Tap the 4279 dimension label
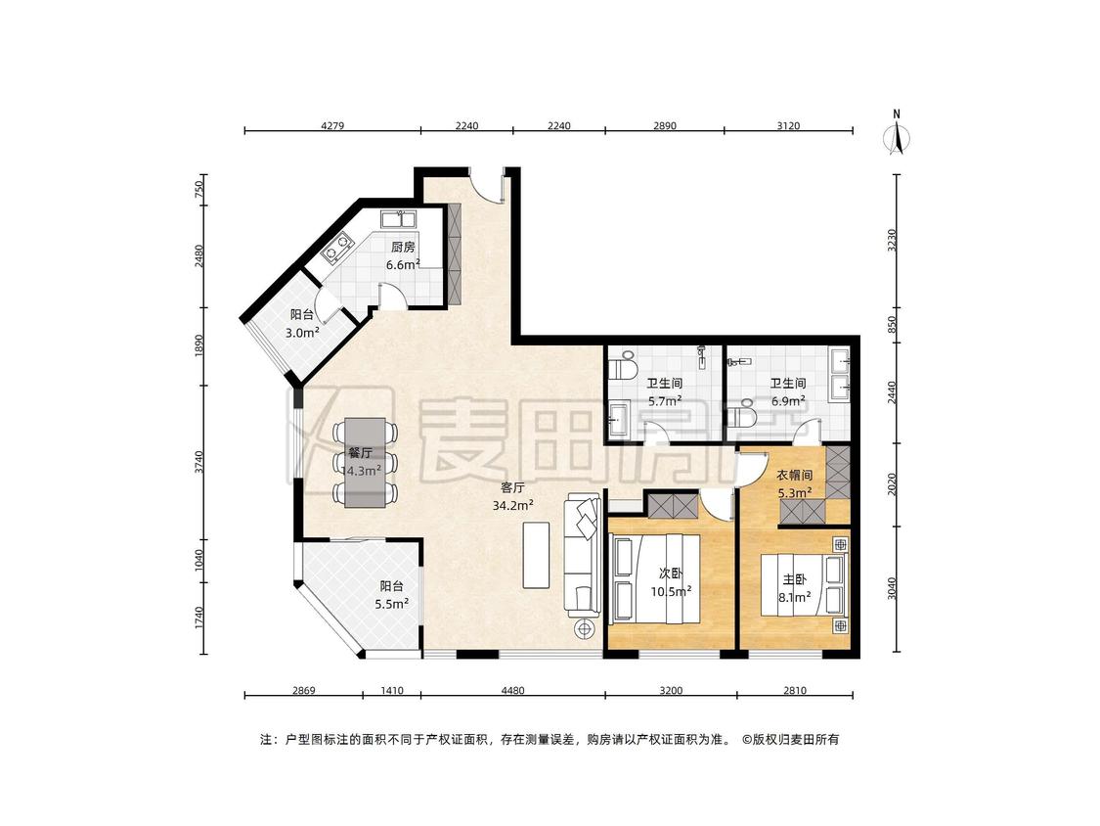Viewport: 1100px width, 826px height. tap(332, 125)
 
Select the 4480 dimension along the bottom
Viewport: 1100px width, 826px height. tap(512, 690)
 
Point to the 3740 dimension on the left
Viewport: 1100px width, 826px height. tap(198, 463)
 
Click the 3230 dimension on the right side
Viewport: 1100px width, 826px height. tap(892, 240)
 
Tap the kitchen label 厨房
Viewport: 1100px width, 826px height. tap(403, 248)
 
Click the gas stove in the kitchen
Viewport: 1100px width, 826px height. tap(337, 248)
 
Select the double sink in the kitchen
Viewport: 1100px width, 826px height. tap(400, 217)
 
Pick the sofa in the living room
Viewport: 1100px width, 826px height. tap(583, 555)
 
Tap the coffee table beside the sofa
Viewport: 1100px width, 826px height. tap(535, 554)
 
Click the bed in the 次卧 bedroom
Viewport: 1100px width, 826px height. tap(654, 578)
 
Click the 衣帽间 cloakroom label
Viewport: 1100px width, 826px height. tap(794, 476)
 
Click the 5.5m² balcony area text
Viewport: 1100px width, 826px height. tap(391, 603)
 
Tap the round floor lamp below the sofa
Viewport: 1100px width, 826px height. tap(584, 628)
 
